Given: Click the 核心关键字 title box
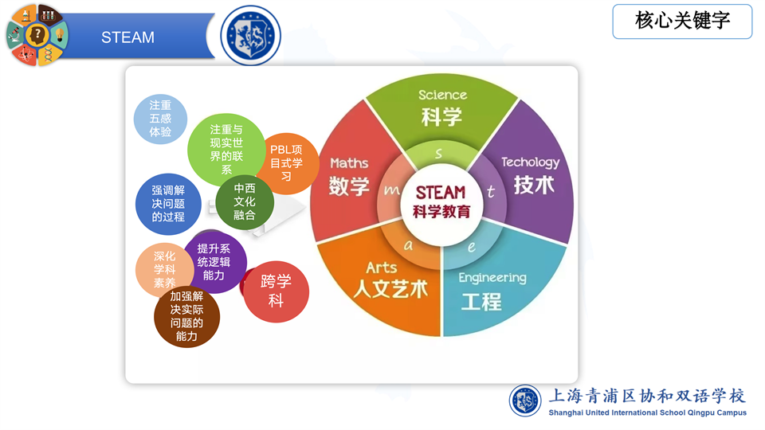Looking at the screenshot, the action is pos(682,21).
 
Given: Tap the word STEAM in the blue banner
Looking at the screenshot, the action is pos(127,37).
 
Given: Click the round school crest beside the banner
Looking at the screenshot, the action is pos(251,36).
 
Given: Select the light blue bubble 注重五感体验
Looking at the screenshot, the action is pos(160,119).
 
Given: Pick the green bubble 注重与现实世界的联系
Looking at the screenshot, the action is pos(226,150).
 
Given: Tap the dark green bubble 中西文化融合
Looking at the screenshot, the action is pos(245,201).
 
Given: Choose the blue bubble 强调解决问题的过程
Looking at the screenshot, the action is pos(168,204).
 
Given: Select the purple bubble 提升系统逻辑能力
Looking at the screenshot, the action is pos(214,262).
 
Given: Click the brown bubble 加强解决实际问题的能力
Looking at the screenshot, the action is pos(186,316).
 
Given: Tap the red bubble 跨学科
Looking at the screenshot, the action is pos(276,291).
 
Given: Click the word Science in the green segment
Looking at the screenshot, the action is pos(442,95).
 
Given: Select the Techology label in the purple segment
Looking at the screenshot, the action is pos(531,162).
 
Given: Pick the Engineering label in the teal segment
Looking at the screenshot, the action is pos(492,278).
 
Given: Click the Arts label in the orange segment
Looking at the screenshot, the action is pos(382,268).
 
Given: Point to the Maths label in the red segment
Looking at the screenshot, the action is pos(349,163).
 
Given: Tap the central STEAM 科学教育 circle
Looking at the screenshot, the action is pos(441,203).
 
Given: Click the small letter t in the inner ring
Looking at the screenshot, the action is pos(491,192).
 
